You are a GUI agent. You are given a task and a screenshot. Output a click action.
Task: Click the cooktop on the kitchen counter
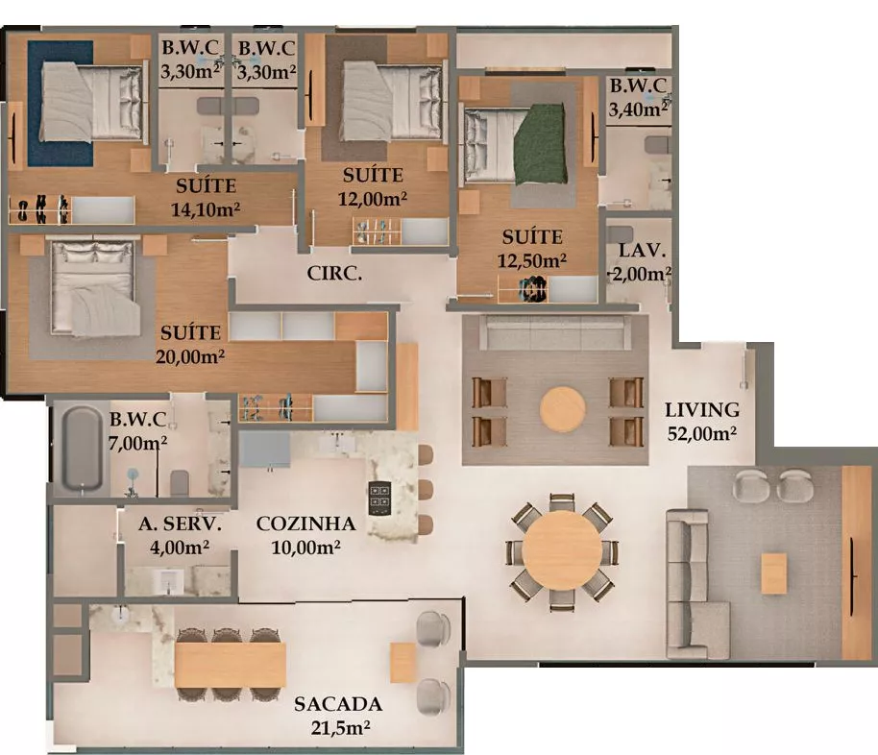pos(379,498)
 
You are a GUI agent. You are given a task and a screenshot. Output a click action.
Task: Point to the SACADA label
pos(338,704)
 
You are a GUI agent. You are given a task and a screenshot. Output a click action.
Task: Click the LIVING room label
pos(701,410)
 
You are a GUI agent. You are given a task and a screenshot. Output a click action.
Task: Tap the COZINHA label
pos(305,524)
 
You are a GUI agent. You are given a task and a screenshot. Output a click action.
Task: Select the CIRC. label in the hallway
pos(334,274)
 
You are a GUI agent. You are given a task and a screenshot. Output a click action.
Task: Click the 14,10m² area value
pos(206,209)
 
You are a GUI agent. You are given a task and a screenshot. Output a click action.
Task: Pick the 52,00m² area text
pos(701,433)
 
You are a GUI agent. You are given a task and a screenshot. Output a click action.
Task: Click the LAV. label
pos(642,251)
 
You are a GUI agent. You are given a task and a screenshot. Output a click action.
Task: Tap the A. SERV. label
pos(180,524)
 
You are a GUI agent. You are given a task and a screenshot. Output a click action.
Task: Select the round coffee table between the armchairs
pos(563,409)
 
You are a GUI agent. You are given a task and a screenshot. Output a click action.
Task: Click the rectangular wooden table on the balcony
pos(231,665)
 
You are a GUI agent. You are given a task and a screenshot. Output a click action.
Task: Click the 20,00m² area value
pos(190,356)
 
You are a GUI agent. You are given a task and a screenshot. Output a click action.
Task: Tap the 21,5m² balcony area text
pos(340,728)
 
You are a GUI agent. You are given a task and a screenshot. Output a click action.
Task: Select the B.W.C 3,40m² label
pos(639,97)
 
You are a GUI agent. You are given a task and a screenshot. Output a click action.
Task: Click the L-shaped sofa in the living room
pos(697,584)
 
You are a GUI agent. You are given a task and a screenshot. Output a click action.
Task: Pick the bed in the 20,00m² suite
pos(94,287)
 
